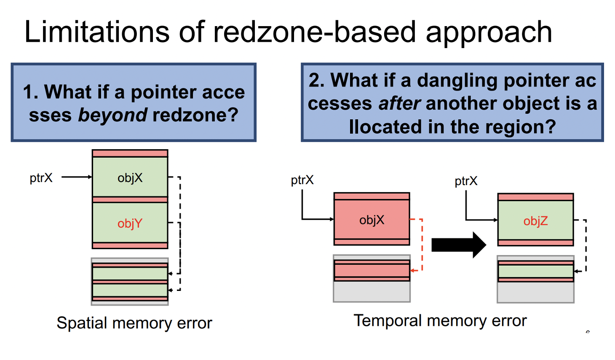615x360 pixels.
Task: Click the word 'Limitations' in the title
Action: [97, 32]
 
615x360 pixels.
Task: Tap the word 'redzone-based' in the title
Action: [314, 32]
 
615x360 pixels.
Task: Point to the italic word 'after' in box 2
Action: [399, 104]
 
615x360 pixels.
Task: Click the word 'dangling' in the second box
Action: [457, 81]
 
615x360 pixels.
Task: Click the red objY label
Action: [130, 223]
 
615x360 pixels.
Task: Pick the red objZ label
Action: [536, 221]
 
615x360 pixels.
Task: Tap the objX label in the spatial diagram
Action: [130, 178]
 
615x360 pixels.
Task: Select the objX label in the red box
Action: [372, 220]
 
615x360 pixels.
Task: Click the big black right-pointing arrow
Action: [459, 245]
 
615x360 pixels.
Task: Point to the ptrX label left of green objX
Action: [41, 178]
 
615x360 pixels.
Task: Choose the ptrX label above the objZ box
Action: [466, 181]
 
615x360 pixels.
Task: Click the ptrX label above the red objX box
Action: [302, 180]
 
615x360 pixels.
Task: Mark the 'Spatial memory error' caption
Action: [134, 322]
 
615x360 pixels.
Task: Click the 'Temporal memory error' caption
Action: [440, 320]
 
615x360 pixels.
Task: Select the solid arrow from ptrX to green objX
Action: [77, 177]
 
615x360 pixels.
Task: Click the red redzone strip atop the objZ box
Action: [536, 197]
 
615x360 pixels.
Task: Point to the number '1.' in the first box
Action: [30, 92]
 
